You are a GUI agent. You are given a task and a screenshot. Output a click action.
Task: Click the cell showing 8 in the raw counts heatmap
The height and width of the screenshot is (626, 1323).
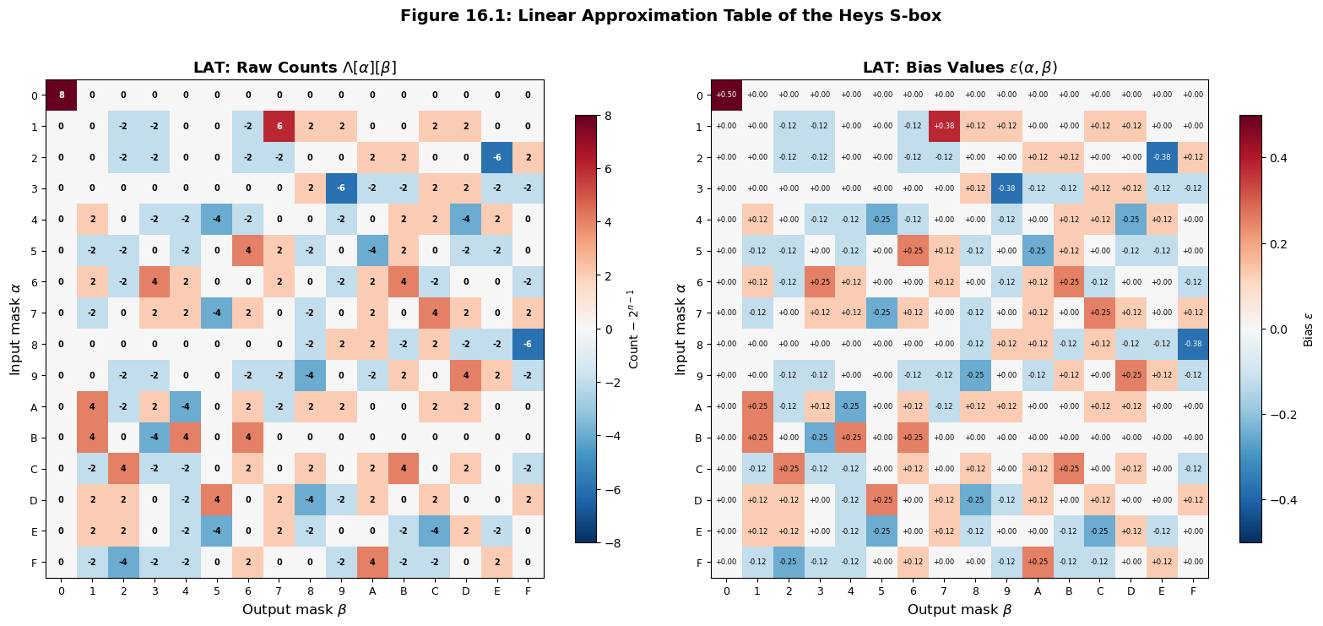pyautogui.click(x=61, y=95)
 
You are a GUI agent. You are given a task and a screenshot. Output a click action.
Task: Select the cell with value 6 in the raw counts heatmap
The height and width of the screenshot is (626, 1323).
pyautogui.click(x=279, y=127)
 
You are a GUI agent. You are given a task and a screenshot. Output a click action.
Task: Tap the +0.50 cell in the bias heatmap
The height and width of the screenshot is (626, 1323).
pyautogui.click(x=726, y=95)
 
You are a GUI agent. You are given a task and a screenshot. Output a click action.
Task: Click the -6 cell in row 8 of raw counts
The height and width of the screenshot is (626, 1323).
pyautogui.click(x=528, y=345)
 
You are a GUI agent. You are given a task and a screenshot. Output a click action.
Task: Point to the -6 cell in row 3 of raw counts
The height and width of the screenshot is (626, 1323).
pyautogui.click(x=341, y=188)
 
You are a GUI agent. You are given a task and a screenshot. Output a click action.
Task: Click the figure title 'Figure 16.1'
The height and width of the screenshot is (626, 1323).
pyautogui.click(x=670, y=16)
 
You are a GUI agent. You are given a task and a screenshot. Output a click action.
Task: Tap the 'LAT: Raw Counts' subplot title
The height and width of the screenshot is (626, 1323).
pyautogui.click(x=295, y=68)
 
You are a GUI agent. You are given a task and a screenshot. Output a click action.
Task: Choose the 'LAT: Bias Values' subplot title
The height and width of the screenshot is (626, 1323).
pyautogui.click(x=959, y=68)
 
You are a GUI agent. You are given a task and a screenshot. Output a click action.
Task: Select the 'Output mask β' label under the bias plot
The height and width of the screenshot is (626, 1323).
pyautogui.click(x=959, y=609)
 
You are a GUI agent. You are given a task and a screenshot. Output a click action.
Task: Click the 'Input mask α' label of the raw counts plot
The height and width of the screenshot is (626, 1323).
pyautogui.click(x=15, y=329)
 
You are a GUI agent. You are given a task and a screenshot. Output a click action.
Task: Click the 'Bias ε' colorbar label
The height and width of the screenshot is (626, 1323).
pyautogui.click(x=1309, y=329)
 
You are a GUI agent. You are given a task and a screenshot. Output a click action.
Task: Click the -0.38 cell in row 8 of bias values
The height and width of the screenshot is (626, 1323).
pyautogui.click(x=1193, y=345)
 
